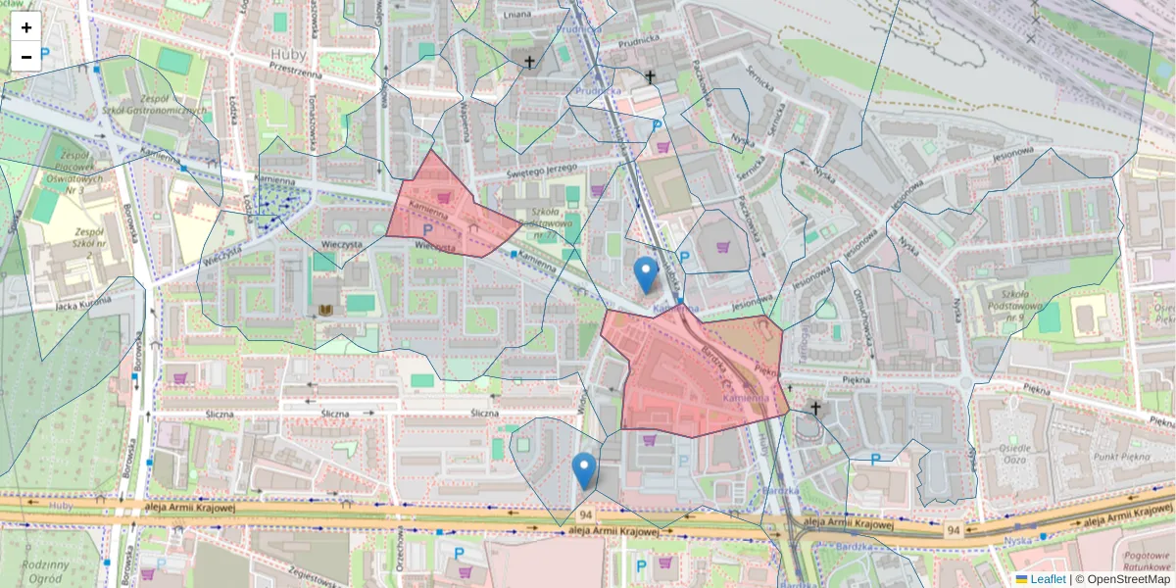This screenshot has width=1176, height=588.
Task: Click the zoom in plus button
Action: pyautogui.click(x=26, y=27)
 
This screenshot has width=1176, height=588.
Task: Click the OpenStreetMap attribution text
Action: pyautogui.click(x=1125, y=579)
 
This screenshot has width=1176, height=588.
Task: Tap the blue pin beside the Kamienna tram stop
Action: pyautogui.click(x=645, y=274)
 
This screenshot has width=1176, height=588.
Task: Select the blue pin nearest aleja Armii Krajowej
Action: pyautogui.click(x=584, y=470)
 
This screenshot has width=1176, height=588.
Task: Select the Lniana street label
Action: pyautogui.click(x=514, y=15)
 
